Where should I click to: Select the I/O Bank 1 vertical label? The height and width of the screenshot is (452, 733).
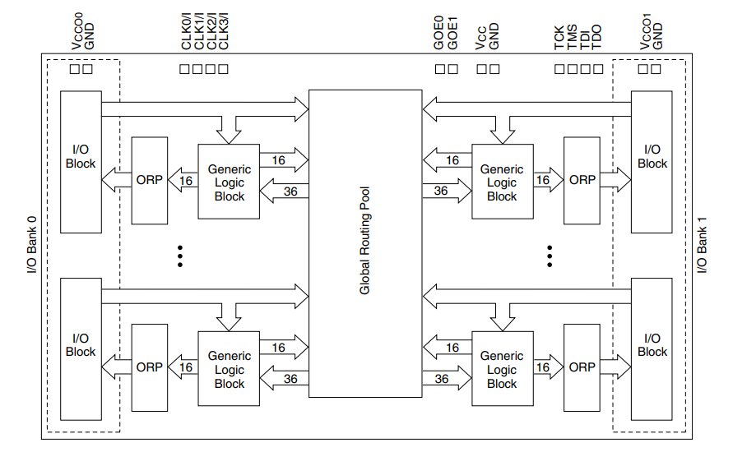[x=702, y=245]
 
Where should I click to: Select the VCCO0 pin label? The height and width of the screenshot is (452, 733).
[x=75, y=32]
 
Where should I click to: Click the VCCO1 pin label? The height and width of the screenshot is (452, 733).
[x=647, y=32]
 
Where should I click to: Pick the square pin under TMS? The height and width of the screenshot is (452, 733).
[x=572, y=69]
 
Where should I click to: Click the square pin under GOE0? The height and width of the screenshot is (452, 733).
[x=439, y=69]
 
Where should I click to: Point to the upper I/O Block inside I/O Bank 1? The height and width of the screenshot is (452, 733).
[x=652, y=162]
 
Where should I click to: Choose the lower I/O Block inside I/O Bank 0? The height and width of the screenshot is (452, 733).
[x=81, y=350]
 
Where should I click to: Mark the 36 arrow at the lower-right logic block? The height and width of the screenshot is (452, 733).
[x=442, y=379]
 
